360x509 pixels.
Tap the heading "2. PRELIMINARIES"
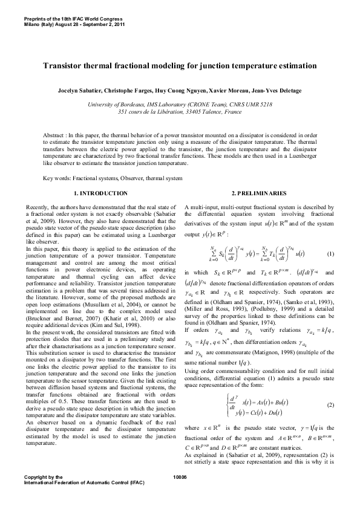click(x=258, y=193)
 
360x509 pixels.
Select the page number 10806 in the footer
click(x=180, y=494)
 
